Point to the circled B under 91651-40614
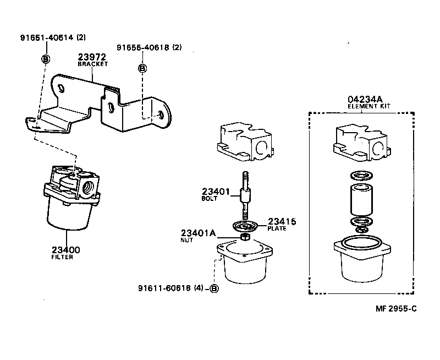coord(46,58)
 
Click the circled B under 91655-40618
coord(142,68)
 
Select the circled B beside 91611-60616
coord(215,288)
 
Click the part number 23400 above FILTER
coord(65,250)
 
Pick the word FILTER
coord(62,257)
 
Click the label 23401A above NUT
coord(197,233)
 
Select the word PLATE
coord(277,228)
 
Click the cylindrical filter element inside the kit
coord(361,200)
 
